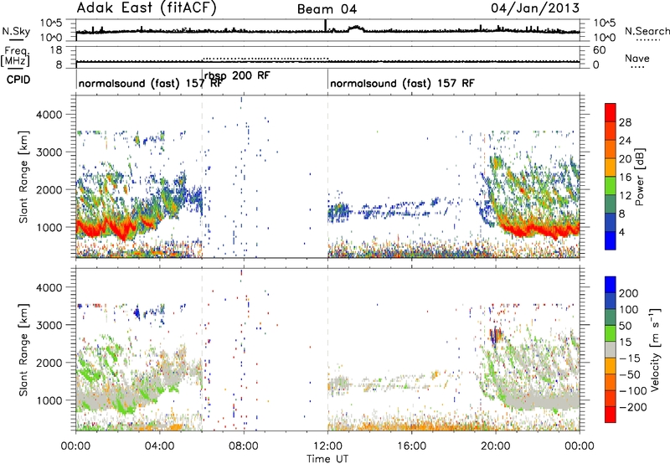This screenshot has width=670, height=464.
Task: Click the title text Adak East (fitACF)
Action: [x=147, y=8]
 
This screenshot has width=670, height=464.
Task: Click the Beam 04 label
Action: [x=327, y=9]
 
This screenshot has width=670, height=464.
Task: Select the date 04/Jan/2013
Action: [x=535, y=8]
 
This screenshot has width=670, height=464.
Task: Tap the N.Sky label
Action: [x=16, y=31]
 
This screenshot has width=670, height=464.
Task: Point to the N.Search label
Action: [x=647, y=31]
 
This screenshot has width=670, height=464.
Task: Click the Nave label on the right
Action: [x=637, y=58]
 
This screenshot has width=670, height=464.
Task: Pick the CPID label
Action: [x=18, y=80]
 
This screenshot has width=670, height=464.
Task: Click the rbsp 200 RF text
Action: [x=237, y=75]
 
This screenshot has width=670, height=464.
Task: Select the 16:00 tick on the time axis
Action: [x=411, y=446]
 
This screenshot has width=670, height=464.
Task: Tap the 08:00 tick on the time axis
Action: [x=244, y=446]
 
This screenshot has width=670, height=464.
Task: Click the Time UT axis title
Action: [x=327, y=459]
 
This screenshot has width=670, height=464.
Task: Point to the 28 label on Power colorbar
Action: [x=625, y=122]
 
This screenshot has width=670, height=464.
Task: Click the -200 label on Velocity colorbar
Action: [x=630, y=407]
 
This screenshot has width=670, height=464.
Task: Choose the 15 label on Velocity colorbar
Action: [x=625, y=342]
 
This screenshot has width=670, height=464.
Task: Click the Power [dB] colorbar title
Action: [x=640, y=177]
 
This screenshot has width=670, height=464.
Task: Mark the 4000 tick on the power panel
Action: [x=49, y=115]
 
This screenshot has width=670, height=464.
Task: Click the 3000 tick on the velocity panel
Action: [x=49, y=325]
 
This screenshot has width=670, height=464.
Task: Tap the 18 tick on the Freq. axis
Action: [x=56, y=50]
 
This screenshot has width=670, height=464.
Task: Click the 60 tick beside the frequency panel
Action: [x=599, y=50]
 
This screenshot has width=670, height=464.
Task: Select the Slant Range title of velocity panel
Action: [x=24, y=350]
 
